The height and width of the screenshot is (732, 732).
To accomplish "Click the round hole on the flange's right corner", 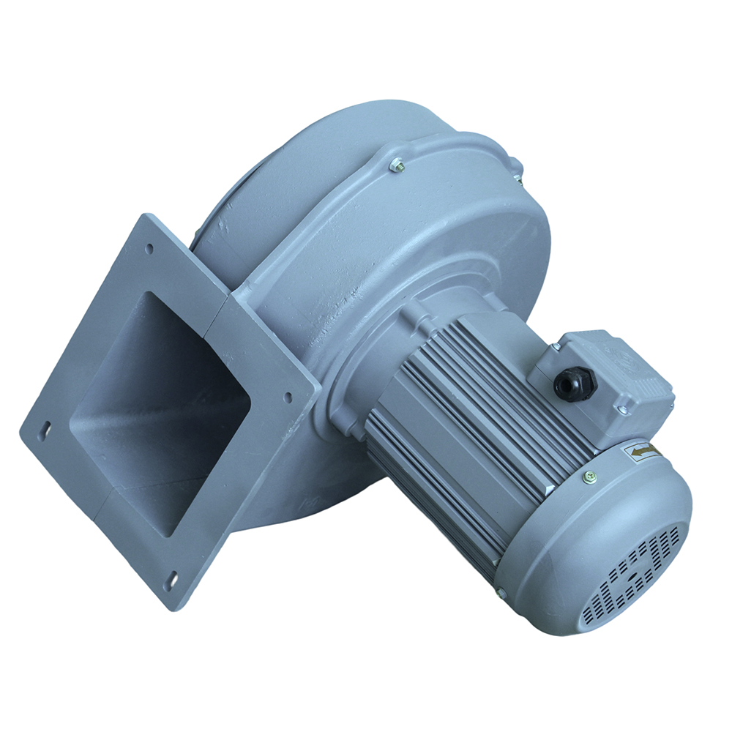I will pyautogui.click(x=288, y=397).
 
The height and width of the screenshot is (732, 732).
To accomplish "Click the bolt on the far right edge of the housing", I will pyautogui.click(x=518, y=170).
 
